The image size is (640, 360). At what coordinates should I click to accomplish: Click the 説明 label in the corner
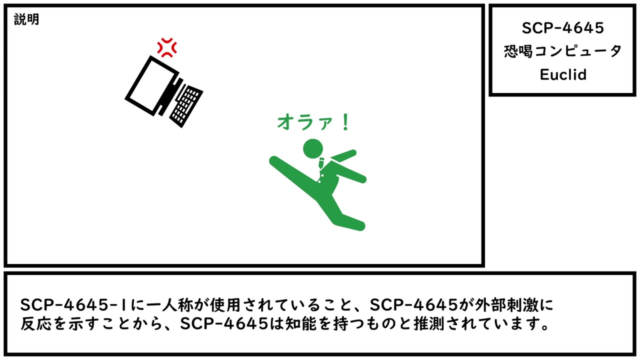point(26,19)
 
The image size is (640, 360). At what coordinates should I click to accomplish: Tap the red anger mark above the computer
point(167,47)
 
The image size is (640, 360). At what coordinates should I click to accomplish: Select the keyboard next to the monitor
point(186,105)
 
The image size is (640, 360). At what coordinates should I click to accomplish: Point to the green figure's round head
point(313,148)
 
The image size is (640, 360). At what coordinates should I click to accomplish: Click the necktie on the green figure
point(321,163)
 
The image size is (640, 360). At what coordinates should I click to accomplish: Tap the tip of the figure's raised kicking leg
point(273,160)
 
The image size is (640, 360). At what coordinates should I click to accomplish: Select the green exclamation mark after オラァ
point(345,122)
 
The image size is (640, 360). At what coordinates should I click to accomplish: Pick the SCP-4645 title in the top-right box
point(563,28)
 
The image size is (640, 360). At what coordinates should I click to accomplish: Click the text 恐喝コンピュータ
point(562,51)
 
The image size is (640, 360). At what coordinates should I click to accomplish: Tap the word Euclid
point(563,74)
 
